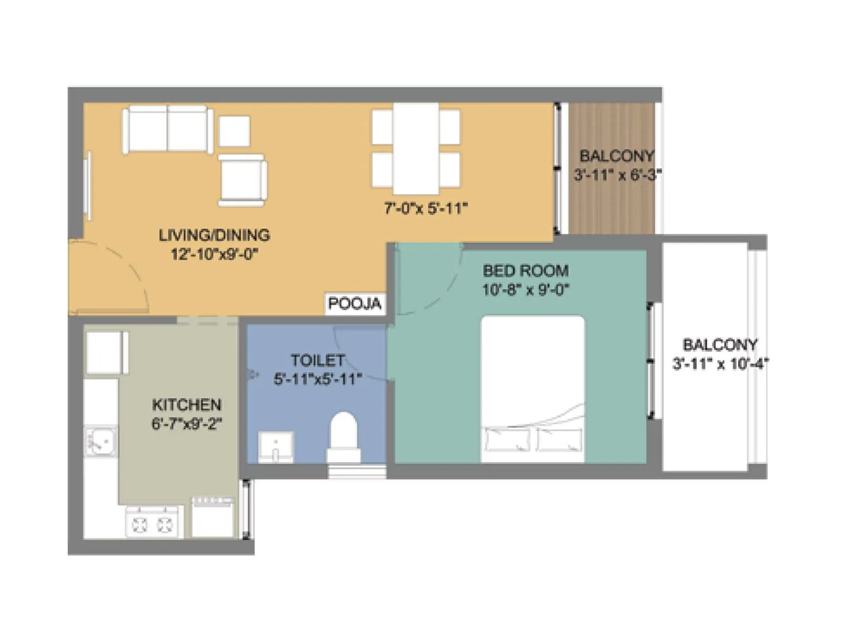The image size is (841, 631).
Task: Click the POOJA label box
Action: (x=354, y=304)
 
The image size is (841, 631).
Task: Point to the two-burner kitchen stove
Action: (x=152, y=523)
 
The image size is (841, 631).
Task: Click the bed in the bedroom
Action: (x=532, y=389)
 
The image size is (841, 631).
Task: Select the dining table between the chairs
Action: (x=416, y=149)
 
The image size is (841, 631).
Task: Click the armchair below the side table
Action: (x=242, y=179)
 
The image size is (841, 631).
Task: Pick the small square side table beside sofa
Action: (x=234, y=131)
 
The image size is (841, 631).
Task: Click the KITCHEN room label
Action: (x=187, y=405)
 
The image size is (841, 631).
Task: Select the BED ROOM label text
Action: (x=526, y=271)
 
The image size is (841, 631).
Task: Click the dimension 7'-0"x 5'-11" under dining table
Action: (x=426, y=209)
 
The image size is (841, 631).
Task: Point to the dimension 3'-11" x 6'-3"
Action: (x=617, y=175)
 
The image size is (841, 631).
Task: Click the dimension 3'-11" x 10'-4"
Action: (x=720, y=363)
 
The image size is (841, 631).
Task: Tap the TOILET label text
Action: (x=317, y=360)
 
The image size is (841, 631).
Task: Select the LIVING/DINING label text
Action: (x=214, y=235)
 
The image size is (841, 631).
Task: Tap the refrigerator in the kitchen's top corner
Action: (x=107, y=352)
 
